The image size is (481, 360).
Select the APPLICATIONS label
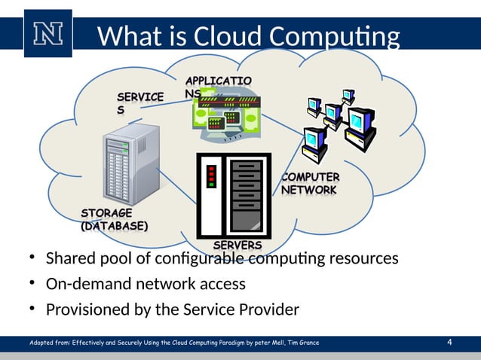[218, 86]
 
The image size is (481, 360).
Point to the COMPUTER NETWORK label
[310, 183]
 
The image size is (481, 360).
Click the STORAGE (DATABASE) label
[114, 219]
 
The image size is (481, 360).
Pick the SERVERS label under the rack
[237, 246]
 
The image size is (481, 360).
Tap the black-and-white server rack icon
[233, 195]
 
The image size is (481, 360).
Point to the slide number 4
[449, 343]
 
